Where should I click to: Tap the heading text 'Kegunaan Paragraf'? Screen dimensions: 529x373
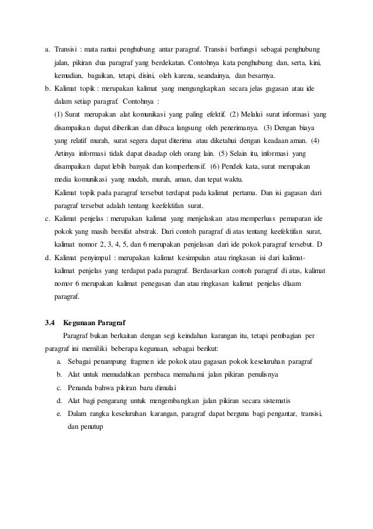pos(93,323)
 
